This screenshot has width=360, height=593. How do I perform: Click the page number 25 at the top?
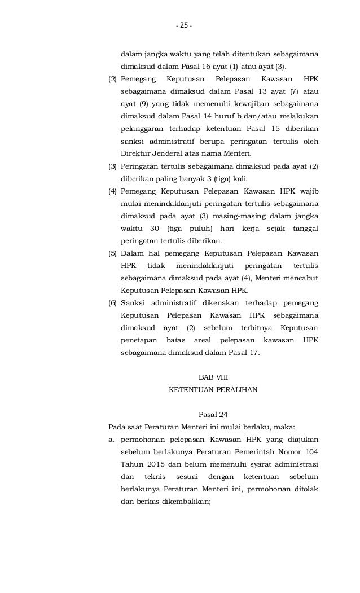tap(183, 26)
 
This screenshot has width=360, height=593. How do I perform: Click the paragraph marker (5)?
tap(113, 253)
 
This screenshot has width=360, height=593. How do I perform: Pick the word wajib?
tap(308, 191)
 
